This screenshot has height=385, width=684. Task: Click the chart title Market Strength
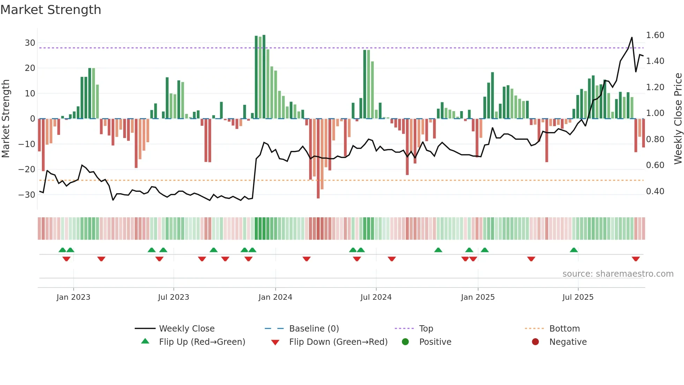[x=51, y=10]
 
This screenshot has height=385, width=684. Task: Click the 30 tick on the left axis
[x=30, y=43]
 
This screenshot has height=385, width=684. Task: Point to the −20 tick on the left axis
[x=27, y=169]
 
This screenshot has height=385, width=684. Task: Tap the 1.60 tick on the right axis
[x=655, y=35]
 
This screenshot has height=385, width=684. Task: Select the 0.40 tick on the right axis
[x=655, y=191]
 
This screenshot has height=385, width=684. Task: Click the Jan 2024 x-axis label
[x=275, y=297]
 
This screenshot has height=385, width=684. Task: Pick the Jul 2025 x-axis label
[x=578, y=297]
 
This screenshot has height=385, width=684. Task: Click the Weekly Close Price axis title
[x=678, y=119]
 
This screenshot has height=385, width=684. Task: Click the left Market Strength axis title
[x=6, y=119]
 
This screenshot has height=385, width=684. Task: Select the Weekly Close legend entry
[x=186, y=329]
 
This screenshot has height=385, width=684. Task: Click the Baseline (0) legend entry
[x=314, y=329]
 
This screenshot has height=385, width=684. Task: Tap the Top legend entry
[x=426, y=329]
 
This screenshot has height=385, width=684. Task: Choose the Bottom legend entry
[x=564, y=329]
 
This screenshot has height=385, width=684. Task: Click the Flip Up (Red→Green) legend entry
[x=202, y=342]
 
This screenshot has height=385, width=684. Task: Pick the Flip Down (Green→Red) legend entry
[x=338, y=342]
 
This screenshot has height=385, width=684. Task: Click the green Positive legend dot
[x=405, y=342]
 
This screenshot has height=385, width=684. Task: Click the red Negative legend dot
[x=535, y=342]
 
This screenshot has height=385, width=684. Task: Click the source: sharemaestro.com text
[x=618, y=274]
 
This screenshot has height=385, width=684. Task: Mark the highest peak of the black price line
[x=632, y=37]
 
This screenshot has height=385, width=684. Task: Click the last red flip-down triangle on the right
[x=635, y=259]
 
